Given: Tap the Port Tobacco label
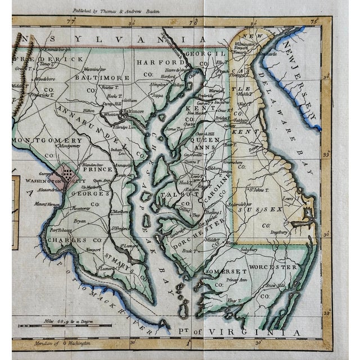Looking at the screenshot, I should (x=61, y=229).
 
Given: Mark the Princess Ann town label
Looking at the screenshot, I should (x=236, y=280).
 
